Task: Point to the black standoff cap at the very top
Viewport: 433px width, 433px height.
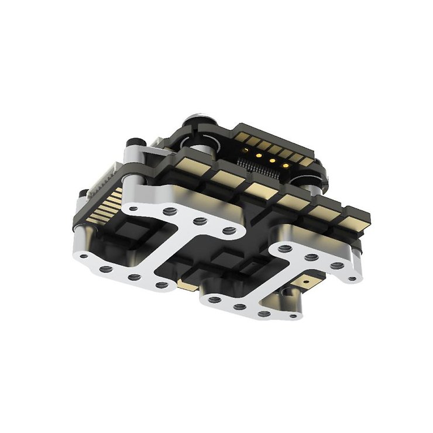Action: click(194, 122)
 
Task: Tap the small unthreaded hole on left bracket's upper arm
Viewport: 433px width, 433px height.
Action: click(134, 208)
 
